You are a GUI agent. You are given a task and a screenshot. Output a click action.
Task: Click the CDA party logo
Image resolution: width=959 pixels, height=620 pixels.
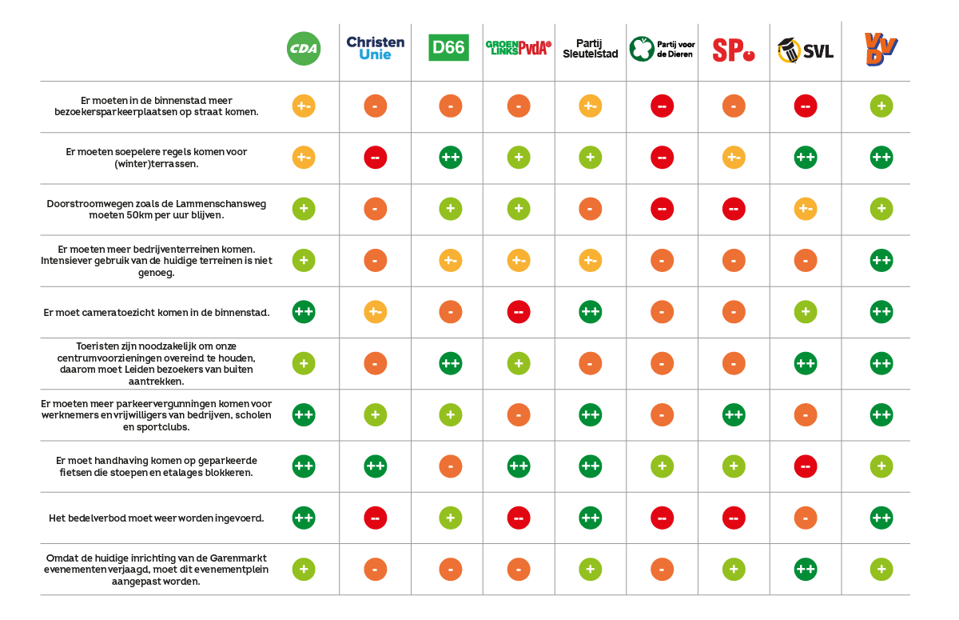coord(303,50)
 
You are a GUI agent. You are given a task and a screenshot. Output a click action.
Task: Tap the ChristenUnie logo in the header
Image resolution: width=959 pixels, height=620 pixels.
coord(375,49)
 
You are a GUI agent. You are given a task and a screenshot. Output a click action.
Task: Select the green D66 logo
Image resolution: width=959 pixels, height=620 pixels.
coord(448,48)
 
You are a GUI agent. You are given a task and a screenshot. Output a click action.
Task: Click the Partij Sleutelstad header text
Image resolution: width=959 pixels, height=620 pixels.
coord(590,49)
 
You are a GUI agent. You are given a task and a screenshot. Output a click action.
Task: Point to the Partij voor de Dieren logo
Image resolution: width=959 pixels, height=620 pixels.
coord(662,49)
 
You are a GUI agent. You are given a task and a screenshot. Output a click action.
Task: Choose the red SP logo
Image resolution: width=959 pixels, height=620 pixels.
coord(733,50)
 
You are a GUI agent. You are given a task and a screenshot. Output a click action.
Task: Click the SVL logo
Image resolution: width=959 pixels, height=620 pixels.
coord(805,51)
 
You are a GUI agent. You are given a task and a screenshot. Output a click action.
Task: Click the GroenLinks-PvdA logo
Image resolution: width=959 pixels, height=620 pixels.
coord(519,48)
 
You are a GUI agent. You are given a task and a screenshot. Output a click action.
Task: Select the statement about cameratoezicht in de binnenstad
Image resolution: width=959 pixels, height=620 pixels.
coord(157,312)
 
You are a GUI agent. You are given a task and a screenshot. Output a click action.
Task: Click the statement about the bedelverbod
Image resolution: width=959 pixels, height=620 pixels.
coord(157,518)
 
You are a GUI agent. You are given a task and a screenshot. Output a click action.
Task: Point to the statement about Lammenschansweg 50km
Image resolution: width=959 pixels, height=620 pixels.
coord(157,210)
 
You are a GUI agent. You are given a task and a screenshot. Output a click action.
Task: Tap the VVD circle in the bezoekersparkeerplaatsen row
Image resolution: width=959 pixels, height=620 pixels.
coord(881,106)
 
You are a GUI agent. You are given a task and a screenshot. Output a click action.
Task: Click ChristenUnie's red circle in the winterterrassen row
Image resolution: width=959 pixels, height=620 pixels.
coord(375,158)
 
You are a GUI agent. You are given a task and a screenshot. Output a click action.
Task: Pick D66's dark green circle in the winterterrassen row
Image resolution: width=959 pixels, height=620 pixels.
coord(451,158)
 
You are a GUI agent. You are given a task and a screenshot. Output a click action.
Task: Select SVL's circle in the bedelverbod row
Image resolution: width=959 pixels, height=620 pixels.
coord(805,518)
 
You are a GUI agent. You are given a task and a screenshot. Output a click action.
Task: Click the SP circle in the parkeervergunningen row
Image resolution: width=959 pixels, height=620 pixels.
coord(733,415)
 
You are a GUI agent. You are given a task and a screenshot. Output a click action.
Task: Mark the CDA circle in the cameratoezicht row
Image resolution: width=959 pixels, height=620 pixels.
coord(303,312)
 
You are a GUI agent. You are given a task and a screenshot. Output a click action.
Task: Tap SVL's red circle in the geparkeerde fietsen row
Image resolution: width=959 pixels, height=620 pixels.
coord(805,466)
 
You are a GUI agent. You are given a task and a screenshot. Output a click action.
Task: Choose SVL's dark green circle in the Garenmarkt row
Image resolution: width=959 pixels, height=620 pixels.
coord(805,570)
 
